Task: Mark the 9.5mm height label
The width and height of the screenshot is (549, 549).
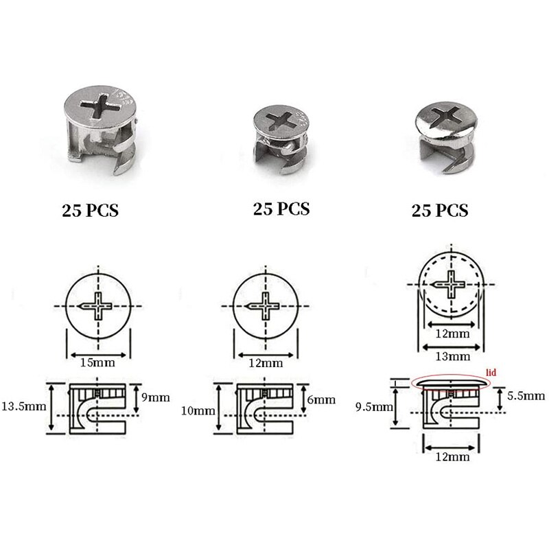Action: (x=376, y=406)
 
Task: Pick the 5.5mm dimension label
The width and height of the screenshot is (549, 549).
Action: (x=526, y=395)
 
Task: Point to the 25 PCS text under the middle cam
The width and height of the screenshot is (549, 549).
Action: (x=281, y=208)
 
